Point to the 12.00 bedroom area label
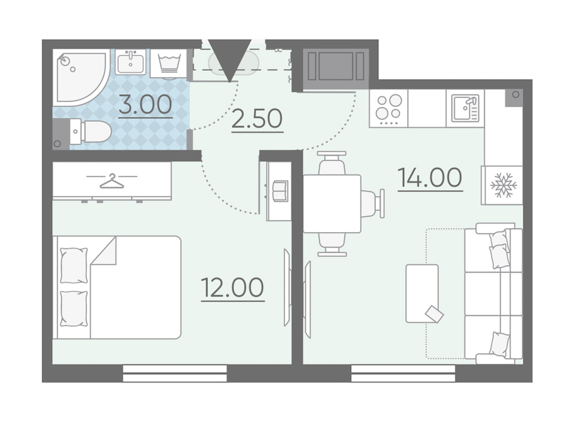(x=233, y=287)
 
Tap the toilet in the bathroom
(x=90, y=131)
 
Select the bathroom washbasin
(x=130, y=62)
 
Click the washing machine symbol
(x=169, y=64)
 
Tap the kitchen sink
(x=465, y=108)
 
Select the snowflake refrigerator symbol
(x=503, y=185)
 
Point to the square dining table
(x=332, y=204)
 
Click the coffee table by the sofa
(x=422, y=293)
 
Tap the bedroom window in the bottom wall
(x=175, y=374)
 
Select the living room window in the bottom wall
(x=403, y=374)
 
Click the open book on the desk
(x=280, y=191)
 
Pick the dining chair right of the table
(x=372, y=204)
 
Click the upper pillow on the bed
(x=74, y=265)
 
